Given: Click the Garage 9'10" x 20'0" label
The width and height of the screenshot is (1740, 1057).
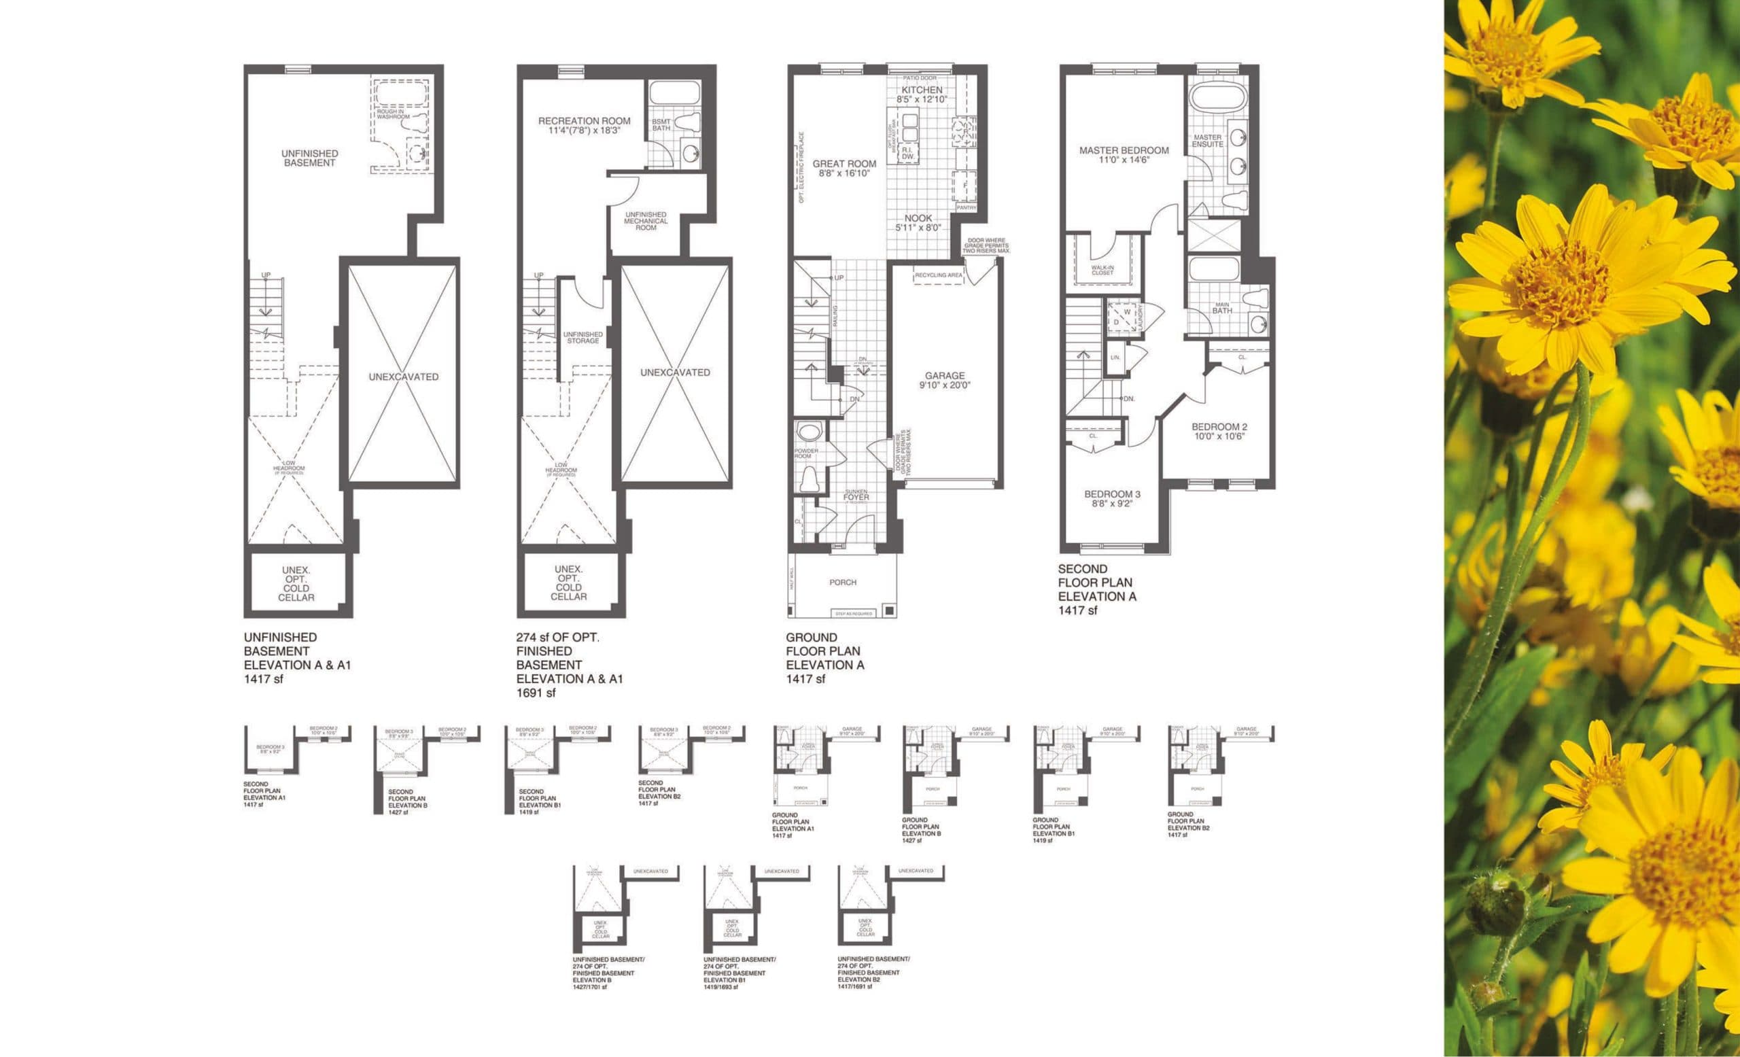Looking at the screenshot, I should tap(945, 381).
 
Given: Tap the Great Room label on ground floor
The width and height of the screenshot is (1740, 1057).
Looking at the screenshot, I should tap(844, 168).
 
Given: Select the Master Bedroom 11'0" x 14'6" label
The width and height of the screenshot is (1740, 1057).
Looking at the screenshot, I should tap(1124, 154).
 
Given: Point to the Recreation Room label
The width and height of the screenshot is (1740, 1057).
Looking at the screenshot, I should tap(584, 125).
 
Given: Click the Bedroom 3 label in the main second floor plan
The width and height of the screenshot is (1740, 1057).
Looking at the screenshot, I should tap(1112, 499).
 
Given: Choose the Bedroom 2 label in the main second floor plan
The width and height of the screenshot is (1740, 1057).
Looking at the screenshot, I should tap(1219, 432).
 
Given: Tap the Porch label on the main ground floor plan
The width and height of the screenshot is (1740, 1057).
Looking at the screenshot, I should tap(842, 583).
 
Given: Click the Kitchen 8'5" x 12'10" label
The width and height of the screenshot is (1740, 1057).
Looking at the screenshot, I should tap(922, 95).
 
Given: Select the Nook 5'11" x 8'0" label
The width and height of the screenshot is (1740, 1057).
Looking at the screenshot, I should tap(918, 223).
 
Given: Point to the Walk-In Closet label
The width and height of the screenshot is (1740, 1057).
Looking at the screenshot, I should tap(1102, 271).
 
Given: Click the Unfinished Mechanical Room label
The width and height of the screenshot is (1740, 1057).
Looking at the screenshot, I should tap(646, 221).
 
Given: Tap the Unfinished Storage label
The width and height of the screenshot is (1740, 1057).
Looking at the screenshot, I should tap(582, 338).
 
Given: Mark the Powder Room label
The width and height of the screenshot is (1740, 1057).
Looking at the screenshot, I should tap(805, 453).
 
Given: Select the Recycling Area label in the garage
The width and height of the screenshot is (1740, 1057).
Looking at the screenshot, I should tap(939, 275).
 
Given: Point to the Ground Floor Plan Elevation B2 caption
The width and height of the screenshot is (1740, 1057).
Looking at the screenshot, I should tap(1189, 825).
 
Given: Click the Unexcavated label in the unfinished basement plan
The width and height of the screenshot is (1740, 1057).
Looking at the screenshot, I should tap(403, 377).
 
